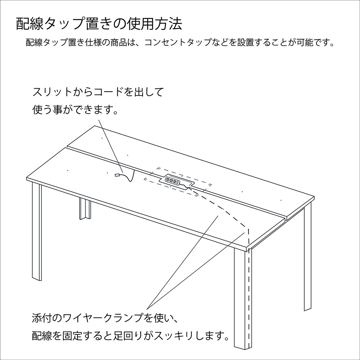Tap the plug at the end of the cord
pos(117,175)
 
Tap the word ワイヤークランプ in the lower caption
pos(103,319)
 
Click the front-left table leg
pos(37,232)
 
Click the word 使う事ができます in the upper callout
pos(75,110)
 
